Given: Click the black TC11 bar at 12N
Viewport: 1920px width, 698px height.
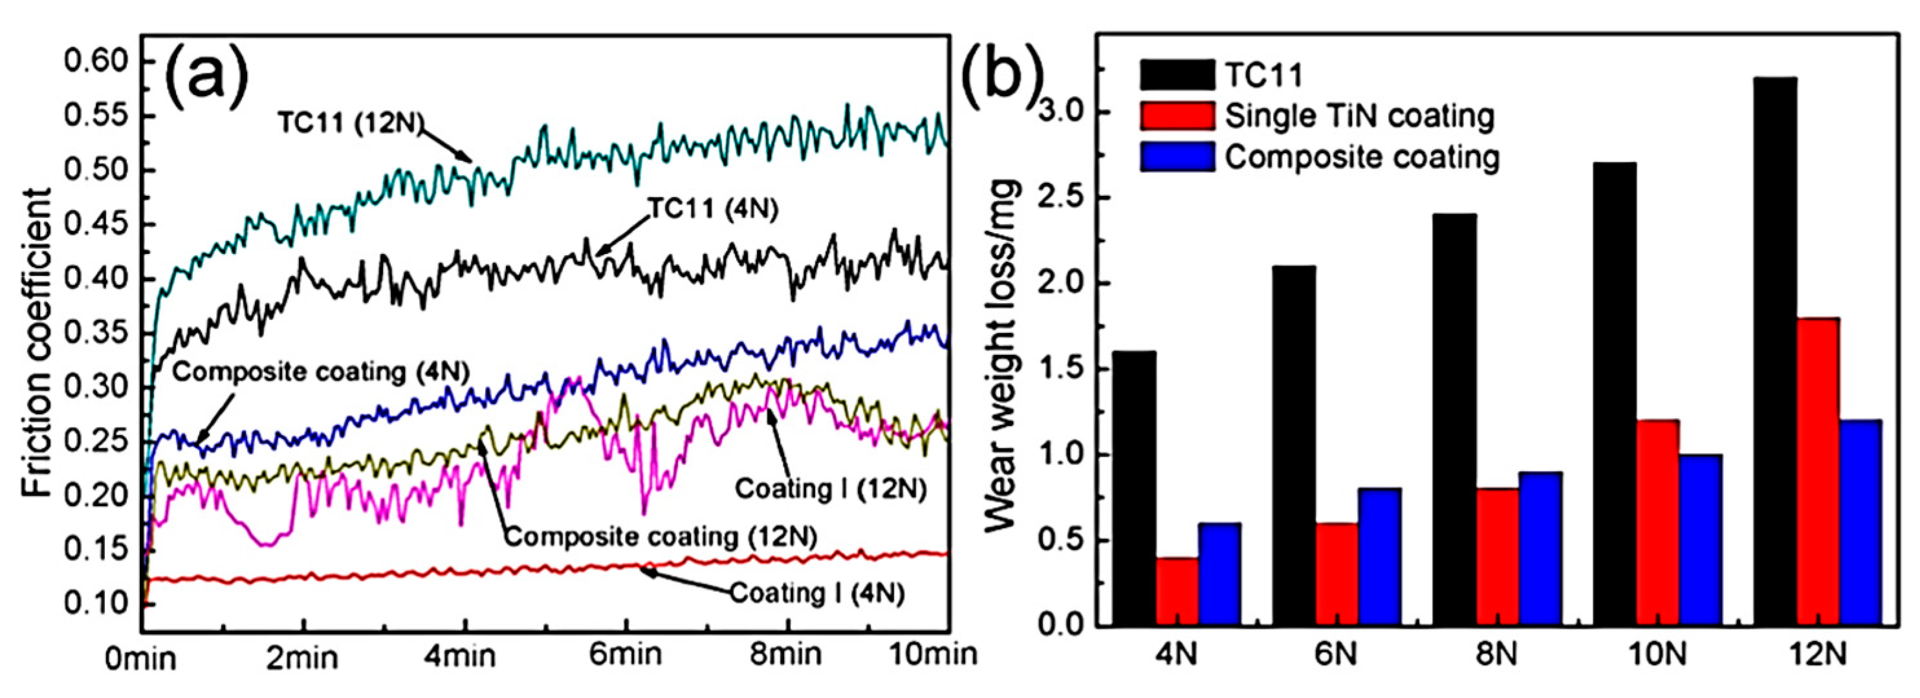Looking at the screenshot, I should click(1774, 350).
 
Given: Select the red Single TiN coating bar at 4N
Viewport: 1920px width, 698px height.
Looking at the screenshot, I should click(1177, 590).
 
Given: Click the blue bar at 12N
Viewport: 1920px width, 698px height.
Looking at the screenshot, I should click(1860, 522).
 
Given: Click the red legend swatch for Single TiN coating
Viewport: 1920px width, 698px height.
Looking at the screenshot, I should click(1177, 116).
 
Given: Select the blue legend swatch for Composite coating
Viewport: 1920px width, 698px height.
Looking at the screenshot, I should click(1177, 157).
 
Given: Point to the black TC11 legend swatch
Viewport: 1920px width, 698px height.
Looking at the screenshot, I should click(1177, 75).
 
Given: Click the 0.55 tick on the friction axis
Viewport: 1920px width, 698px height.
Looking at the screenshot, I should click(97, 116).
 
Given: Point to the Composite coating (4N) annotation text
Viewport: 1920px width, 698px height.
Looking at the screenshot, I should click(320, 372).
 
